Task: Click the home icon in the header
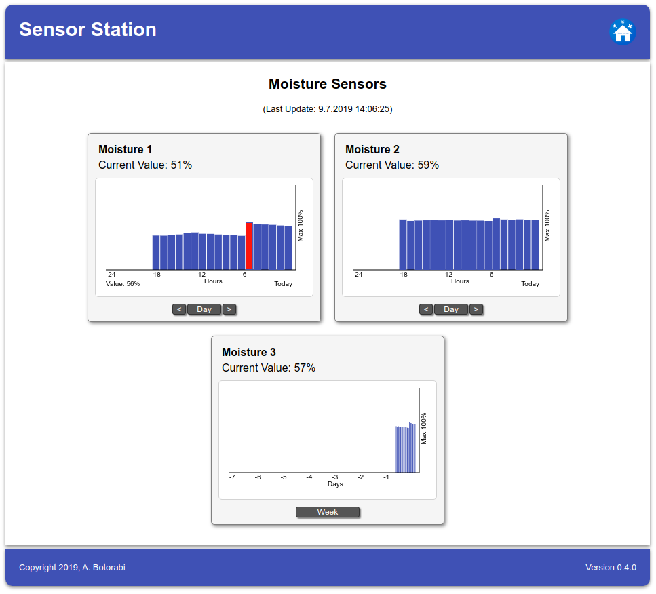click(x=622, y=32)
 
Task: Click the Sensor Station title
click(x=88, y=30)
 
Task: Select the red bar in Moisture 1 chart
click(x=249, y=246)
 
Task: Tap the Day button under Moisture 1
click(x=204, y=309)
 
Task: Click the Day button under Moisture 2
click(x=451, y=309)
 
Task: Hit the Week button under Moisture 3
click(x=328, y=512)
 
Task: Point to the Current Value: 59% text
click(x=391, y=165)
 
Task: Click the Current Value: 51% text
click(x=144, y=165)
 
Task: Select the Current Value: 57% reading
click(x=268, y=368)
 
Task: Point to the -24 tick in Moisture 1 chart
click(x=111, y=275)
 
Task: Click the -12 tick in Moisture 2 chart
click(x=447, y=275)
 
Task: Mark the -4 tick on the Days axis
click(x=309, y=477)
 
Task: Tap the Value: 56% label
click(x=123, y=284)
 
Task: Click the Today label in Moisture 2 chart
click(x=530, y=284)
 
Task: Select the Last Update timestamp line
click(x=328, y=109)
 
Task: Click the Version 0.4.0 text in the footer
click(x=611, y=568)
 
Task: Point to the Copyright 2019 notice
click(x=72, y=568)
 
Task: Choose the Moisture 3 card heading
click(x=249, y=353)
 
